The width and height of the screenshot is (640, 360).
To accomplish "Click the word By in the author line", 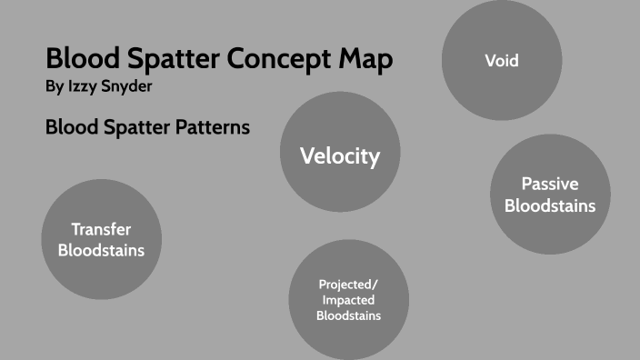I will point(54,87).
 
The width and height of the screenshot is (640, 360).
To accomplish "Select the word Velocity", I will point(340,155).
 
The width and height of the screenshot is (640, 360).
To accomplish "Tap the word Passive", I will point(549,185).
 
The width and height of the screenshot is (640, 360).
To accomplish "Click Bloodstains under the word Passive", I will point(549,205).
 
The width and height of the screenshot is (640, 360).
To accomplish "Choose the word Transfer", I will point(101,229).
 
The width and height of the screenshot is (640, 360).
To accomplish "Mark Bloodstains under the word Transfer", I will point(101,250).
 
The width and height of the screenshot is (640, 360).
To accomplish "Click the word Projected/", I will point(348,284).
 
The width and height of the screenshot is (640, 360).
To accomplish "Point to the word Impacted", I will point(348,299).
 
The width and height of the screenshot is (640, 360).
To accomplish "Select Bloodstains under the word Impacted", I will point(348,315).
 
